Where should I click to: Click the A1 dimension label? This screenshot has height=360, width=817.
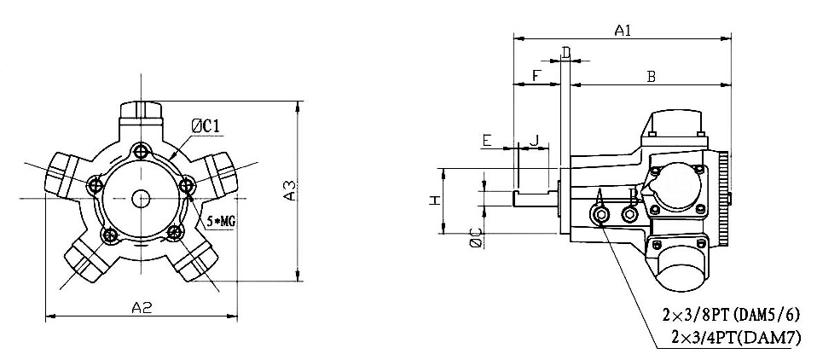click(x=623, y=31)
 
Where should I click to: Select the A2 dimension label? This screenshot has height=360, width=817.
click(x=142, y=307)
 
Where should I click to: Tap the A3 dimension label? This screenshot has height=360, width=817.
click(x=290, y=191)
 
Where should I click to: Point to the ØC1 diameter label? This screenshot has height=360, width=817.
click(x=207, y=126)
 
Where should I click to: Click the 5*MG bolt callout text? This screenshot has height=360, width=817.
click(x=221, y=221)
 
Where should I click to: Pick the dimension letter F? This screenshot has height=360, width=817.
click(x=535, y=77)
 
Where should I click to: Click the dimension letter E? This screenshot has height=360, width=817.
click(x=487, y=139)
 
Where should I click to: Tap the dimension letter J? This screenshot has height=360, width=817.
click(x=536, y=139)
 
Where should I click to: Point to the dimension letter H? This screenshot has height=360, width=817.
click(x=434, y=200)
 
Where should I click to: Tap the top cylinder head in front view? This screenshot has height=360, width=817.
click(x=142, y=112)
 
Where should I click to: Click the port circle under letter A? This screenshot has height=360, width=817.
click(x=601, y=217)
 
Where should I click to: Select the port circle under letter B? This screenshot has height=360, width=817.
click(x=631, y=215)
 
